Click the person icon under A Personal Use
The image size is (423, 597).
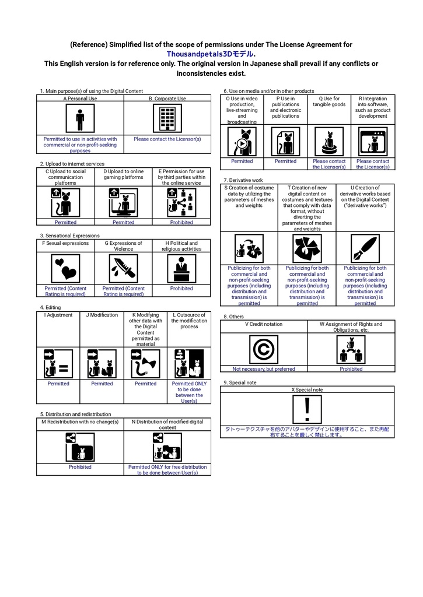click(80, 118)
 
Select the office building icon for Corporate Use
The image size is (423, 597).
click(167, 118)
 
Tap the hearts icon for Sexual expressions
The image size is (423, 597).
click(65, 269)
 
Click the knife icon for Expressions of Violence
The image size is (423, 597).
click(124, 269)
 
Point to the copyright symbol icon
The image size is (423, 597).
click(263, 350)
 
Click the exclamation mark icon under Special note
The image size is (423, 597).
click(307, 409)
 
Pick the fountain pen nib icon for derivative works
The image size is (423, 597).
click(365, 248)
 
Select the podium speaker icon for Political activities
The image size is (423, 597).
click(181, 269)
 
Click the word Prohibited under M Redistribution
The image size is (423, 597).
click(80, 467)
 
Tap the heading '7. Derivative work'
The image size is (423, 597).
click(243, 180)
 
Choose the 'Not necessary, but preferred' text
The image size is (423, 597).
click(264, 369)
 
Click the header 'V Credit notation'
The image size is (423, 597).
click(264, 324)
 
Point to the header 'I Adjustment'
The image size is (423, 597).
click(58, 315)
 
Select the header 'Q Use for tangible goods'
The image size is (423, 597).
click(329, 101)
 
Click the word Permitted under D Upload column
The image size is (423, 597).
click(124, 222)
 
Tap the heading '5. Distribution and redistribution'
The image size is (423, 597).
click(75, 415)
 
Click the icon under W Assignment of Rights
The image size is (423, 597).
click(351, 350)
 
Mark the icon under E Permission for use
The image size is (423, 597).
click(181, 202)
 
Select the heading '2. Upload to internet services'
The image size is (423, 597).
click(72, 164)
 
